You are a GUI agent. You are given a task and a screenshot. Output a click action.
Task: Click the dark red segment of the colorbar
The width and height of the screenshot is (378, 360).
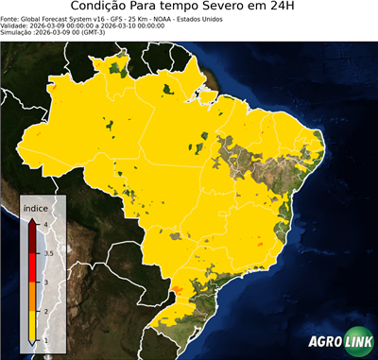[32, 238]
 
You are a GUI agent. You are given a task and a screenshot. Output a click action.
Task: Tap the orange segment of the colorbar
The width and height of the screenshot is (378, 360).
[32, 297]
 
